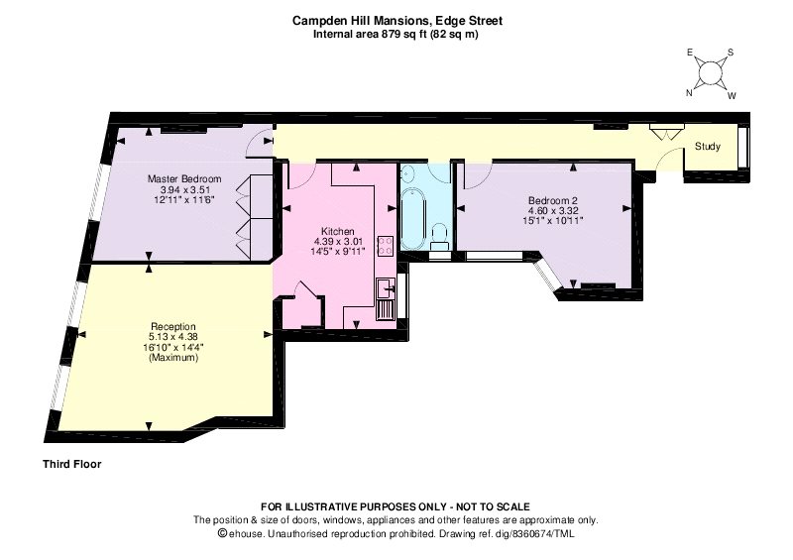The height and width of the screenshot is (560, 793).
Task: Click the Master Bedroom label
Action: (x=184, y=178)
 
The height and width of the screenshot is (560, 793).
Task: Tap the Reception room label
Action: (x=172, y=326)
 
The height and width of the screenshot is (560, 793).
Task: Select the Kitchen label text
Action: (x=338, y=231)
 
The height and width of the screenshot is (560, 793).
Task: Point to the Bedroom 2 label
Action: (x=553, y=200)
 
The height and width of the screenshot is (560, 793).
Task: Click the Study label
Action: (x=707, y=147)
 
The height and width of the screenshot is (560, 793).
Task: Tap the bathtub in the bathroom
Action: (x=413, y=217)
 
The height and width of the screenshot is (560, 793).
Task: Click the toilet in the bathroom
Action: (x=439, y=236)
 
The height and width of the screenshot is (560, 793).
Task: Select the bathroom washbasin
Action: (x=408, y=174)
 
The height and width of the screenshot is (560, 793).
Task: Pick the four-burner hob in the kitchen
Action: (x=386, y=246)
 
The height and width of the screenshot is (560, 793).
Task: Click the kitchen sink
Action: (x=386, y=288)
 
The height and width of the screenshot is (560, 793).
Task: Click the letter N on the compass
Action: (x=689, y=92)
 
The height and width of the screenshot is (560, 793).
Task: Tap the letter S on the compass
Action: (x=731, y=53)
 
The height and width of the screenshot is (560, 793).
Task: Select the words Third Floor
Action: (x=71, y=464)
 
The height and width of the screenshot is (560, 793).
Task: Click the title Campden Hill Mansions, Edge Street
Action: (x=397, y=21)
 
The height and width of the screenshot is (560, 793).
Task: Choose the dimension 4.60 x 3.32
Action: (x=553, y=210)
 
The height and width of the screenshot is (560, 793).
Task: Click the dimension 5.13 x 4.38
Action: (x=172, y=336)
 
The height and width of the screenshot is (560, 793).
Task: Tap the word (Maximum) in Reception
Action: (x=172, y=357)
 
